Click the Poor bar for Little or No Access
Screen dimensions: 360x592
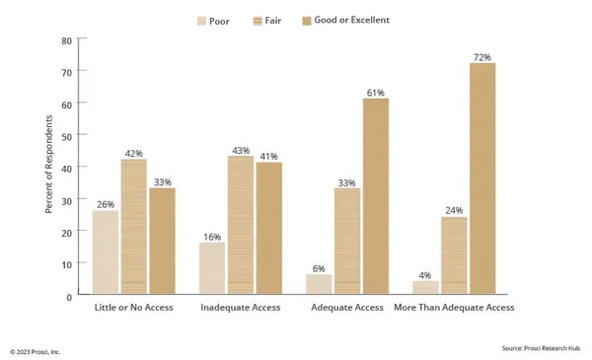[x=106, y=252]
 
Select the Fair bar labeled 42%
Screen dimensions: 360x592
[x=134, y=226]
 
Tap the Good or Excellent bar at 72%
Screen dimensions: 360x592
[x=481, y=179]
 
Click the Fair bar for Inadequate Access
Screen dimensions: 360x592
[x=240, y=225]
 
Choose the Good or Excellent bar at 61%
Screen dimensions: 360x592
[x=376, y=195]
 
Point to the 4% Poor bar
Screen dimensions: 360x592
[x=425, y=287]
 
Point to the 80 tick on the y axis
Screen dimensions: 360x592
[x=67, y=40]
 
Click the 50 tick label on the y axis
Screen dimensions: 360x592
[x=67, y=136]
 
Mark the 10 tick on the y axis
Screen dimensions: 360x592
[x=67, y=263]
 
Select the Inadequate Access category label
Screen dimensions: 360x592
[x=240, y=308]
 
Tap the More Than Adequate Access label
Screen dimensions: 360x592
[x=453, y=308]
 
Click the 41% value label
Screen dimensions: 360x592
[x=268, y=156]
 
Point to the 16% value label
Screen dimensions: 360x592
[x=212, y=236]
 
